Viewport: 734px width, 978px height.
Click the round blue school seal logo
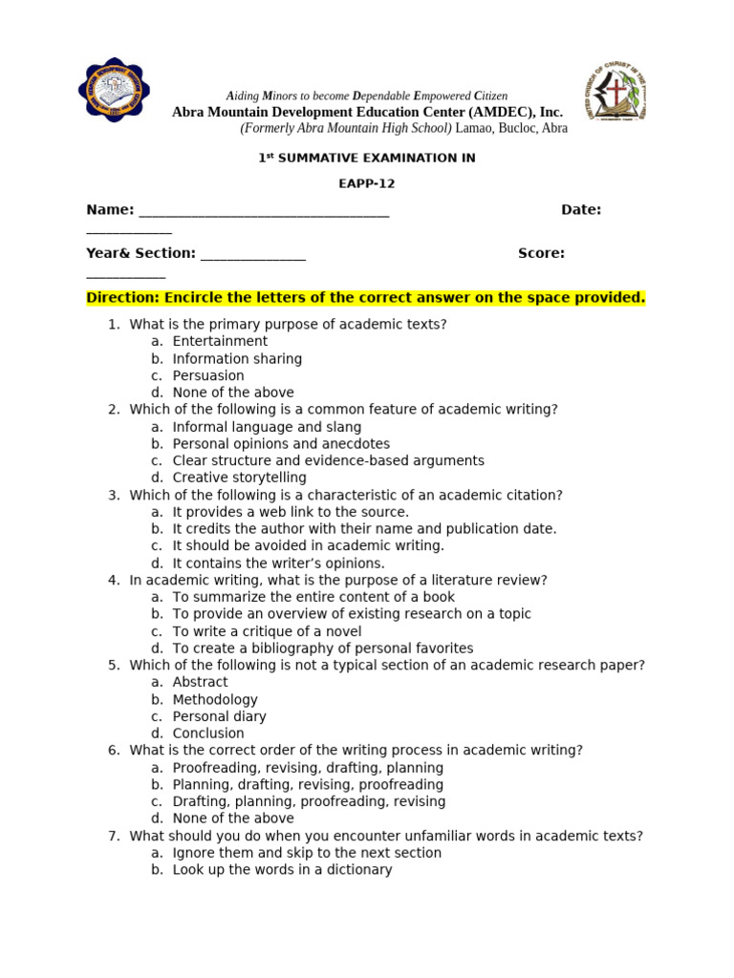point(114,91)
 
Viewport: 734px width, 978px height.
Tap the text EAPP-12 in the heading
point(366,183)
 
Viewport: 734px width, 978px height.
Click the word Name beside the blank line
point(109,210)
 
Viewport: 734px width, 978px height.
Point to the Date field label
point(580,210)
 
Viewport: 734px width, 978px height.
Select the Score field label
point(541,253)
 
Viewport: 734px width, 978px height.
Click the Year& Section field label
point(140,253)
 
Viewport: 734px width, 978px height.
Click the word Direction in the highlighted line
point(122,298)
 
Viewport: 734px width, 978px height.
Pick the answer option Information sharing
point(237,359)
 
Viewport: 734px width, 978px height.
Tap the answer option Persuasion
point(208,375)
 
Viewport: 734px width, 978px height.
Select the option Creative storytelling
point(239,478)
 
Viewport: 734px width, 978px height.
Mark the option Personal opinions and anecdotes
point(281,444)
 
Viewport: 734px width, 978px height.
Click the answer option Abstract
point(200,682)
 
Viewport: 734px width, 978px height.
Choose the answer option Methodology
point(215,699)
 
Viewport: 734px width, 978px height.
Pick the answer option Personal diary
point(219,716)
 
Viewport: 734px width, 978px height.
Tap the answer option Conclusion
point(208,733)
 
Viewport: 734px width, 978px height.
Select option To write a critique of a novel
point(267,631)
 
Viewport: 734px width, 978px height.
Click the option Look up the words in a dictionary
point(282,869)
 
